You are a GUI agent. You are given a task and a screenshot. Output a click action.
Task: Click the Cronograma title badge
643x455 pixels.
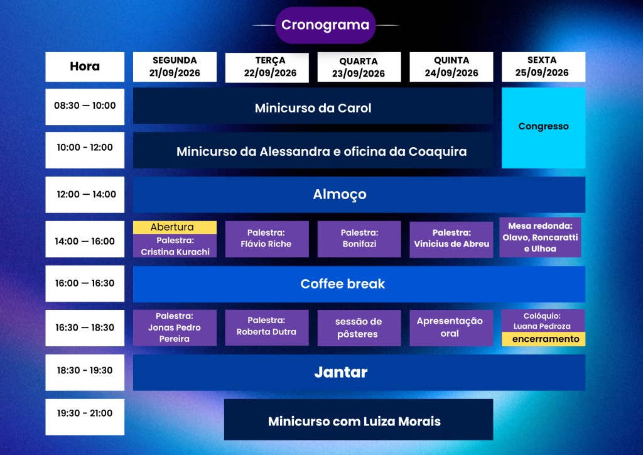[325, 25]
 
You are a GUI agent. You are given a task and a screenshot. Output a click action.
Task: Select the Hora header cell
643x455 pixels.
[85, 67]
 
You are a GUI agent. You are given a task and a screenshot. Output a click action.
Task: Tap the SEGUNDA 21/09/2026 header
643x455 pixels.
[175, 67]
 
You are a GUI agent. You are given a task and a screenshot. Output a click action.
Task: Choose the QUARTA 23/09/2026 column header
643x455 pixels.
[359, 67]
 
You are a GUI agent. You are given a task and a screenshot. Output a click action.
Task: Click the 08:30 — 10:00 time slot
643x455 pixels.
[85, 107]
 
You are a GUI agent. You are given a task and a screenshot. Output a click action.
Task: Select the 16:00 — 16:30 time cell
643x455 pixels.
[85, 283]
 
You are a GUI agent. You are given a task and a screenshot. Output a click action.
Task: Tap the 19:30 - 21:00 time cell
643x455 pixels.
[85, 417]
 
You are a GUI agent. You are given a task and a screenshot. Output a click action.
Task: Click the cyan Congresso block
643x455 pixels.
[543, 128]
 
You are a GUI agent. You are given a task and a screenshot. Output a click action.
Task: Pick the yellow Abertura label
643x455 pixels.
[175, 227]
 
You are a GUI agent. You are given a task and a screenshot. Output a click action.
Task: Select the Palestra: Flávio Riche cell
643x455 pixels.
[267, 239]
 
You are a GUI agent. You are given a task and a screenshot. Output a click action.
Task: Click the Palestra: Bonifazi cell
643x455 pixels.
[359, 239]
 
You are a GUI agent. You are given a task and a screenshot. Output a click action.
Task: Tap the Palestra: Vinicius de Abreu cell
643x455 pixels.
[451, 239]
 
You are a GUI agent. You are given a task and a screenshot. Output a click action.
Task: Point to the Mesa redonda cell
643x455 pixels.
[540, 237]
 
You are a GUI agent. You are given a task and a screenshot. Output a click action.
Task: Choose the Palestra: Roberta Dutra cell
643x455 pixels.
[267, 327]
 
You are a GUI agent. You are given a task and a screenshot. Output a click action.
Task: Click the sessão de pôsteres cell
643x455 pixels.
[359, 328]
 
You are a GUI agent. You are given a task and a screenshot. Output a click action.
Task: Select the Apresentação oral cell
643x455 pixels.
[451, 328]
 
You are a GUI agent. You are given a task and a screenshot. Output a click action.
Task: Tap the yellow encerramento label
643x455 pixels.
[543, 339]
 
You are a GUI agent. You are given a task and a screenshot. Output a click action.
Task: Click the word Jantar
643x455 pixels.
[341, 372]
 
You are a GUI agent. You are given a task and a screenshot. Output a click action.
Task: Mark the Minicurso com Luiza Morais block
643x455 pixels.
[359, 419]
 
